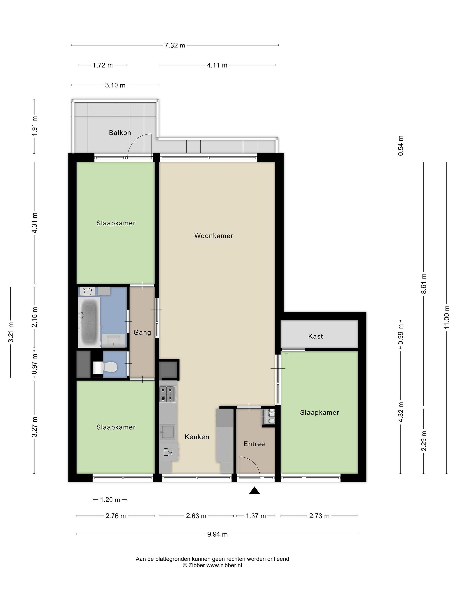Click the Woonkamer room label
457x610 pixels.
[214, 236]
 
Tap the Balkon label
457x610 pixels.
[120, 133]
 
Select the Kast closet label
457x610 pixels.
[315, 336]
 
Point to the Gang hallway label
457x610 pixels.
[142, 333]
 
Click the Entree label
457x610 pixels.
[254, 444]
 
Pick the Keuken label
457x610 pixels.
[197, 437]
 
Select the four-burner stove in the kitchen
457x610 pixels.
[168, 394]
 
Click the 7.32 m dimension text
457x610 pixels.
[175, 45]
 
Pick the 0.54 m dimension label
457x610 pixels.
[401, 146]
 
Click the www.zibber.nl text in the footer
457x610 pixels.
[224, 565]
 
